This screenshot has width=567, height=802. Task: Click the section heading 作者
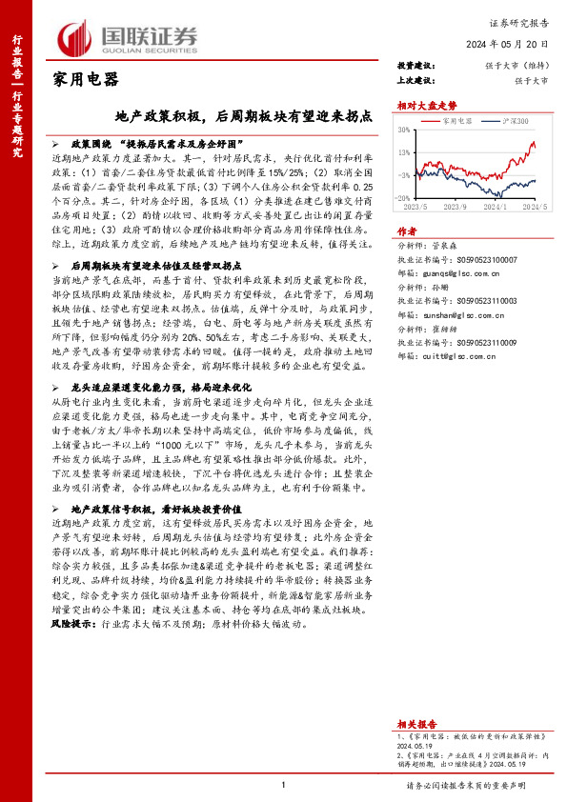pos(407,231)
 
